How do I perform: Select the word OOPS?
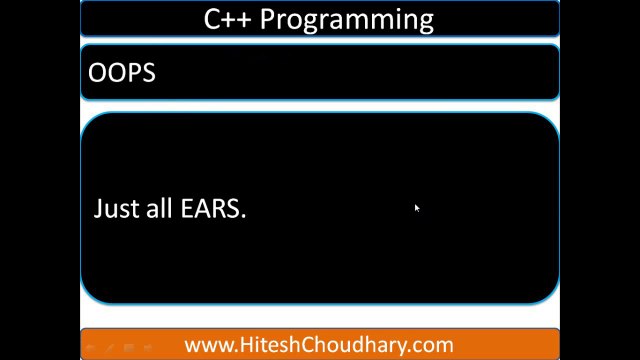pyautogui.click(x=122, y=73)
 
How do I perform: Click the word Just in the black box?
pyautogui.click(x=113, y=209)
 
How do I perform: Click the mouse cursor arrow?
pyautogui.click(x=416, y=208)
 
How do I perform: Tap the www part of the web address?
pyautogui.click(x=208, y=345)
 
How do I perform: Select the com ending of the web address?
pyautogui.click(x=433, y=345)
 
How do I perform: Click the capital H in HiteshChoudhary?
pyautogui.click(x=247, y=344)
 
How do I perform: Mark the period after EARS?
pyautogui.click(x=243, y=216)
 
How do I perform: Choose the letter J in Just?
pyautogui.click(x=98, y=209)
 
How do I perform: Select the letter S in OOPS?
pyautogui.click(x=148, y=73)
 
